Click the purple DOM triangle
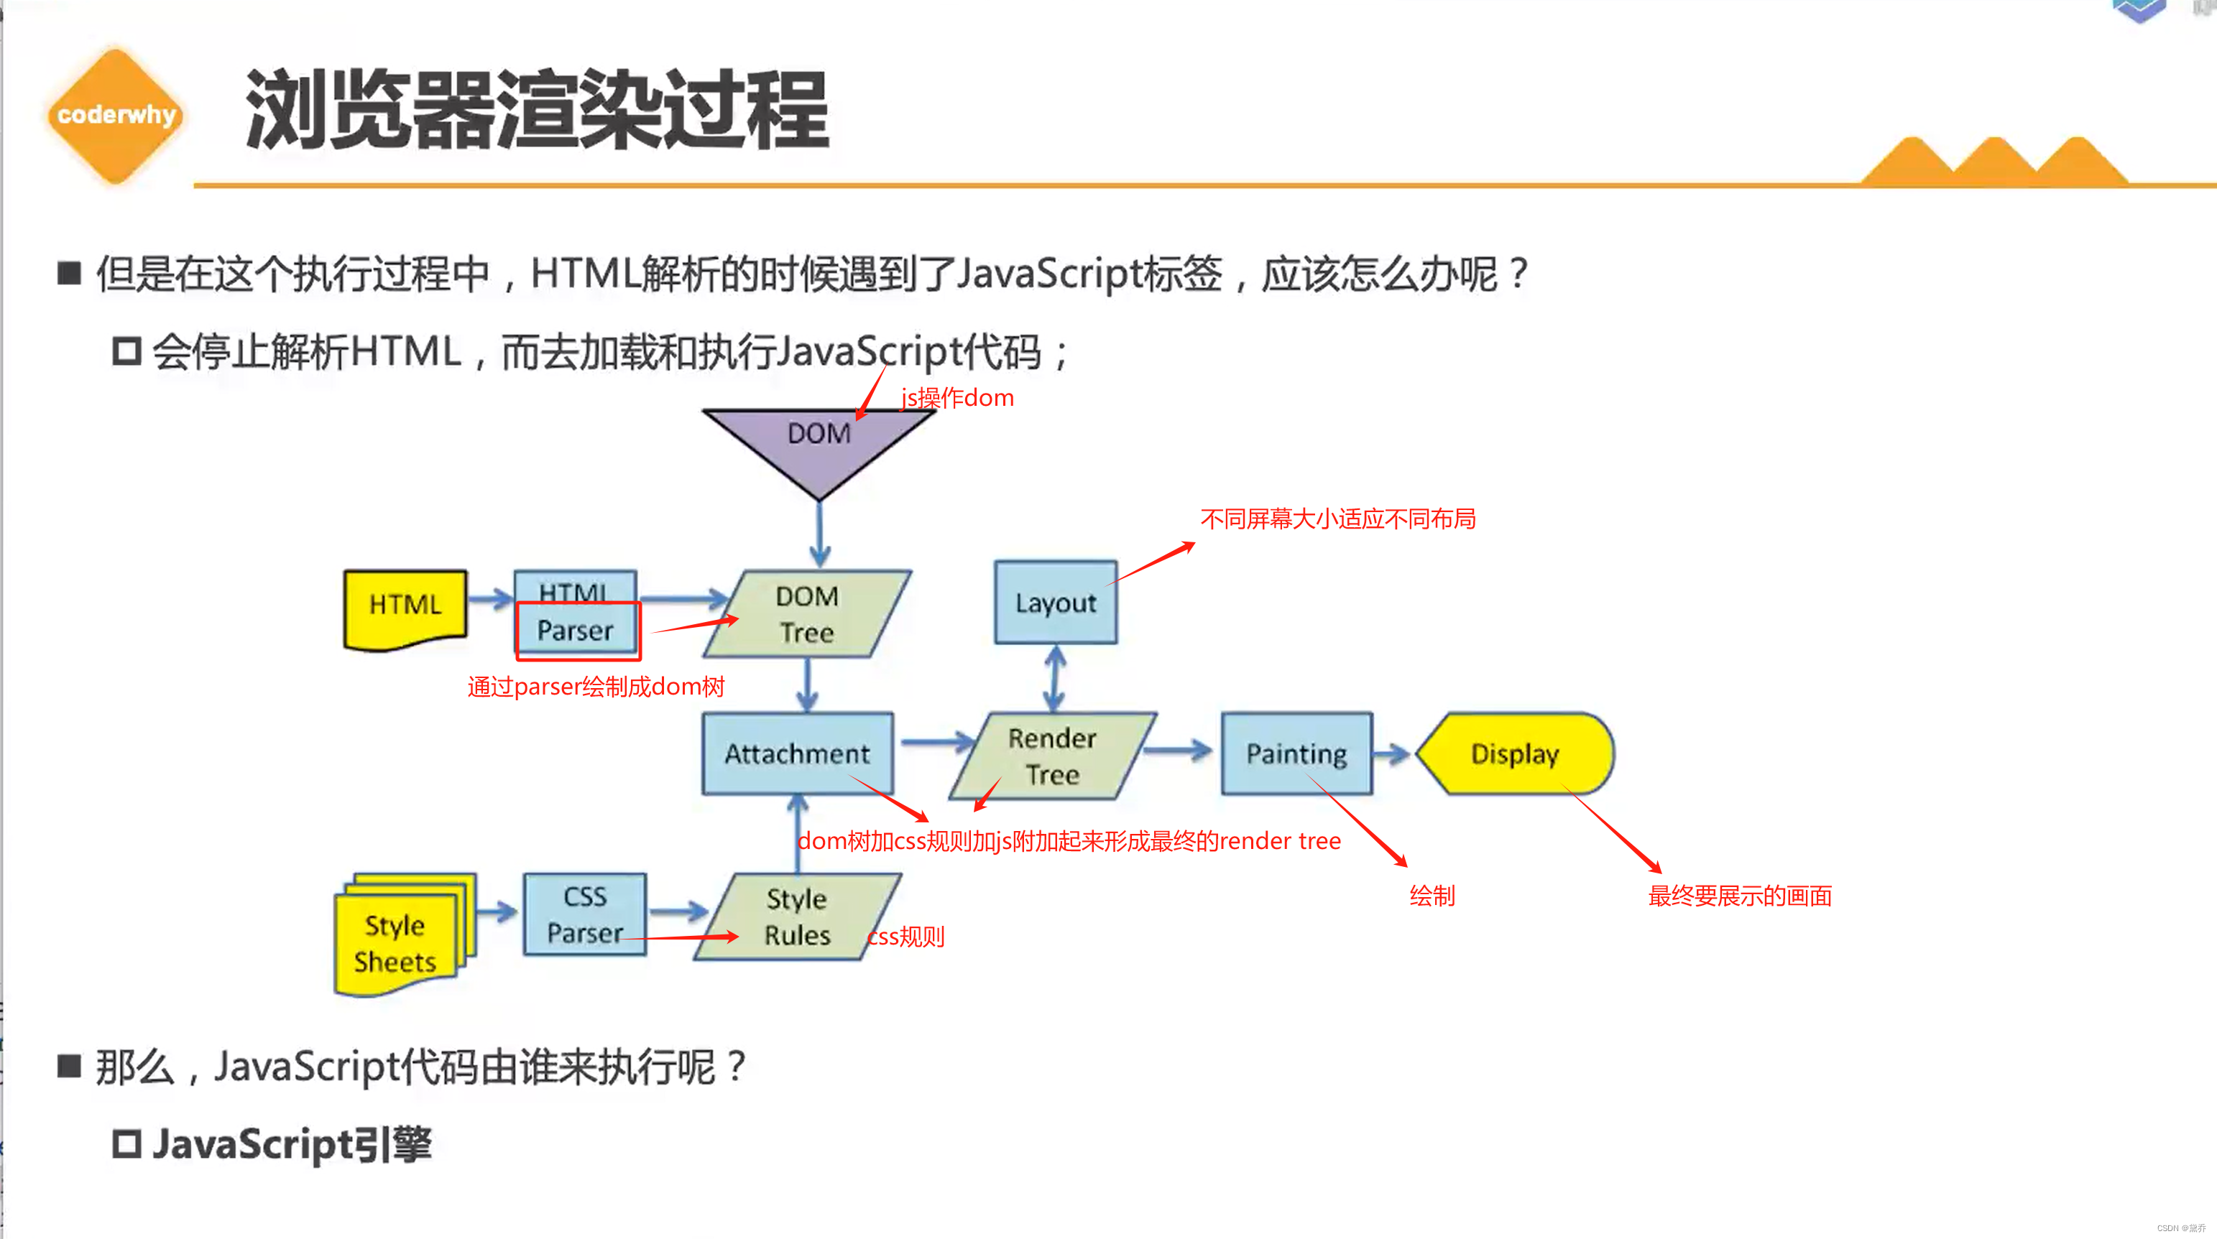coord(819,443)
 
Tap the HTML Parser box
coord(576,613)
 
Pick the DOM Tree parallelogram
coord(806,613)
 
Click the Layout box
coord(1055,603)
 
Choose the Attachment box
coord(797,753)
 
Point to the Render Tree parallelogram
coord(1051,756)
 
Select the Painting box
coord(1296,753)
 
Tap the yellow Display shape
coord(1515,753)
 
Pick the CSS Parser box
coord(585,914)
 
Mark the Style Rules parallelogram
coord(797,917)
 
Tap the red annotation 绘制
coord(1432,896)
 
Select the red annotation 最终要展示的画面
coord(1739,896)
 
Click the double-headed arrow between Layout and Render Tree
coord(1055,678)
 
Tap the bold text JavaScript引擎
coord(292,1144)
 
